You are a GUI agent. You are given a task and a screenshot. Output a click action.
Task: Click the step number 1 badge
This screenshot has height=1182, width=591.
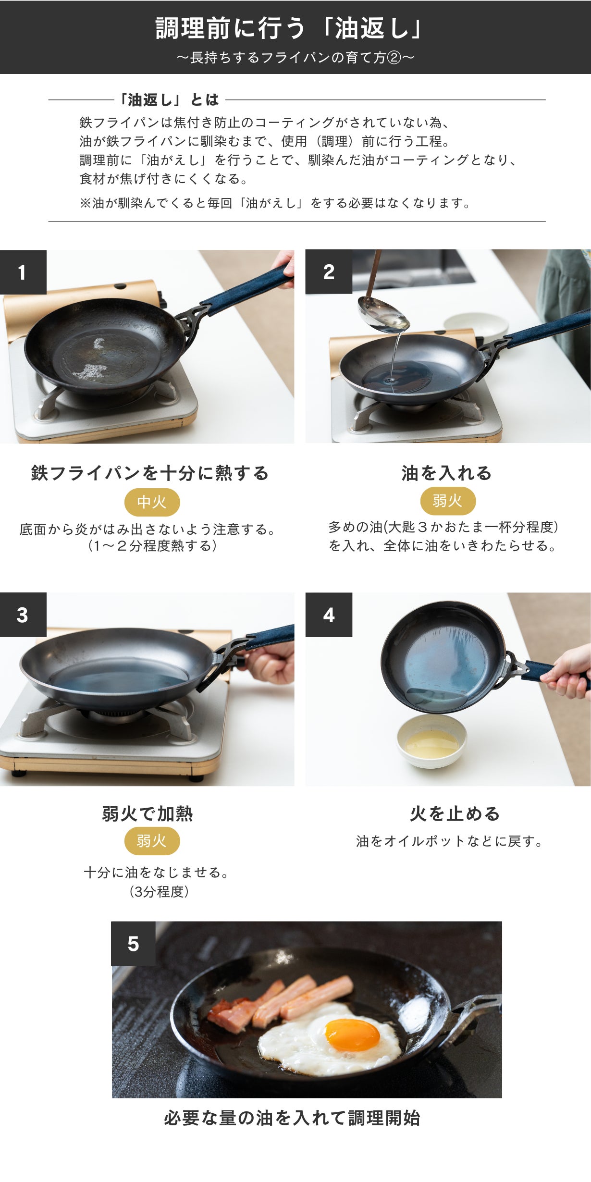(23, 272)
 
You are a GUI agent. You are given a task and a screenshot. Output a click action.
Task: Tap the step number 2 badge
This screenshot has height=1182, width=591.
(329, 272)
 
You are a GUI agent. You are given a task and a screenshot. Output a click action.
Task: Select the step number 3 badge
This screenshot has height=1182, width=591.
(23, 615)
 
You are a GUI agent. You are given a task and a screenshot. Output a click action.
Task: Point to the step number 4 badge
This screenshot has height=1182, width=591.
(329, 615)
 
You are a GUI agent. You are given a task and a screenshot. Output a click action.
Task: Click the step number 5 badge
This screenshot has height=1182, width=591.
(133, 943)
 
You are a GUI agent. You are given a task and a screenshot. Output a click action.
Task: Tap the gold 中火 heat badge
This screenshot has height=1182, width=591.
(152, 502)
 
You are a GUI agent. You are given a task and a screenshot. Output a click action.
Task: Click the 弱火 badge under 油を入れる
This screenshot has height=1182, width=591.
(448, 501)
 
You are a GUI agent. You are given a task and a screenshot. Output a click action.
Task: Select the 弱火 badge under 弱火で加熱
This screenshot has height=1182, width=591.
(152, 841)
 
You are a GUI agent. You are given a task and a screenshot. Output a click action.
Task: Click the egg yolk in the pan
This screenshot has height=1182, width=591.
(352, 1034)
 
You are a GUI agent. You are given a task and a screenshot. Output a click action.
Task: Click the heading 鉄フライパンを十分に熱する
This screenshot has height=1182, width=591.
(150, 473)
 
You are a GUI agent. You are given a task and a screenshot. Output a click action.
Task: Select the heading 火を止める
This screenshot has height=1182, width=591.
(455, 813)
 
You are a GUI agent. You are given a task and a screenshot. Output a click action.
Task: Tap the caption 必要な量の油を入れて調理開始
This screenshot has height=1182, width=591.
(292, 1118)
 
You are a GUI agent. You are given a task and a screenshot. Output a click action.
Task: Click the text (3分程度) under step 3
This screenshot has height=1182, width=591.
(159, 892)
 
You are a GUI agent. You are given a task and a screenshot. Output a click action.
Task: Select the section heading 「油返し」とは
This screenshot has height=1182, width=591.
(169, 99)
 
